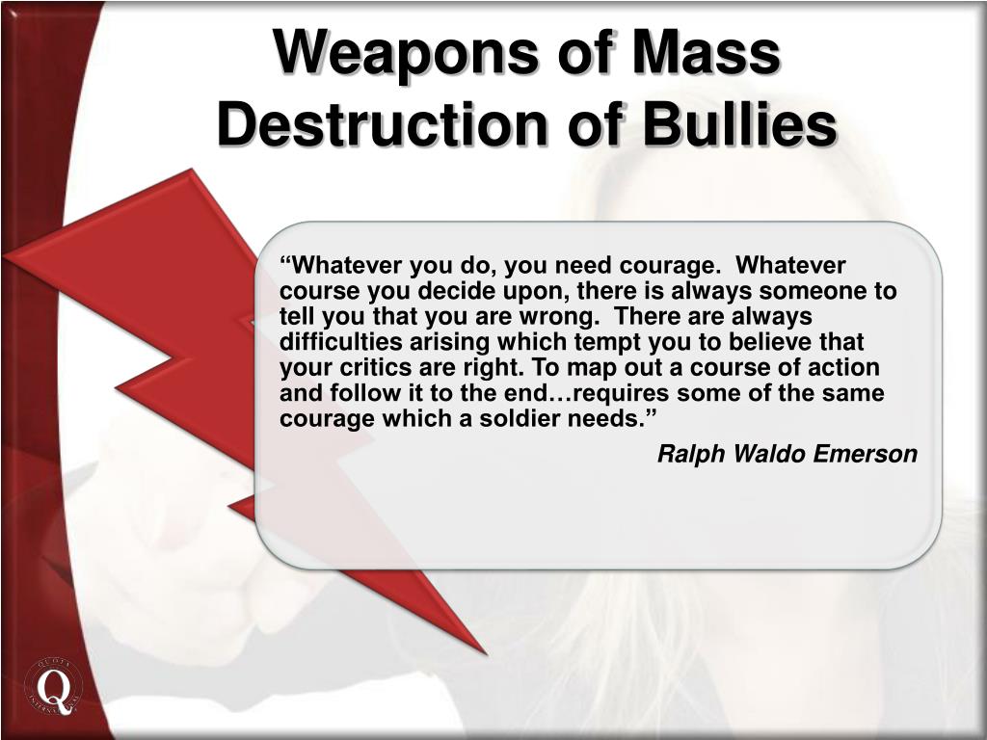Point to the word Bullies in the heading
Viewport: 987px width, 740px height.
tap(739, 123)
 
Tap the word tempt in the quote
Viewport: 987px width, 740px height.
tap(610, 343)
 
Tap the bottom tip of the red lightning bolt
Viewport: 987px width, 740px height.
tap(486, 654)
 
